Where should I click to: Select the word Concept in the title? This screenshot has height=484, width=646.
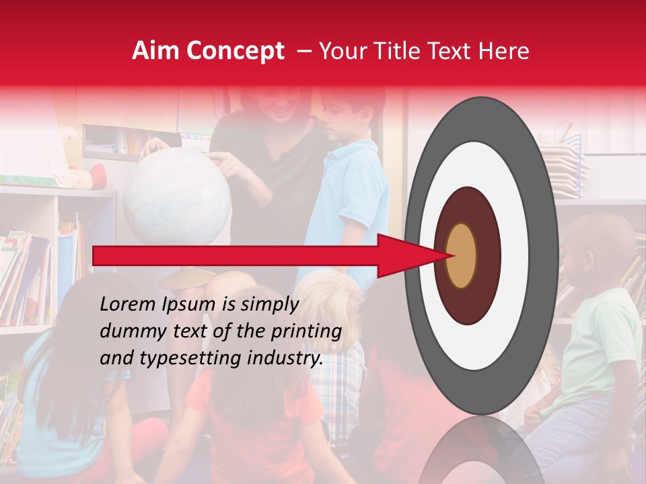point(235,51)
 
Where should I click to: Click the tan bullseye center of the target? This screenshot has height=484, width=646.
point(461,255)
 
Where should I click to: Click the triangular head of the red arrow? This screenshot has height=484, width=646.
point(404,255)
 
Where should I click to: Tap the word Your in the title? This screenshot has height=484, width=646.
point(340,51)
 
